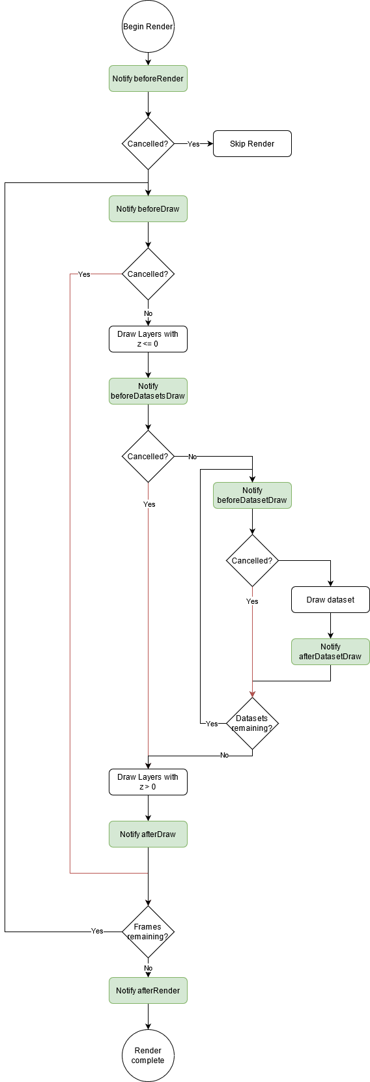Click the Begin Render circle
148,27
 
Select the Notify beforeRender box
148,79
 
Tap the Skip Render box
252,144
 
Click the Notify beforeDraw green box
148,209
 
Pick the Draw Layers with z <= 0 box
148,339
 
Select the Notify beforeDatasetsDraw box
148,391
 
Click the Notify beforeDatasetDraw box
252,495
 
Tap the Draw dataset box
330,599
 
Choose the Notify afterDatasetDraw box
330,651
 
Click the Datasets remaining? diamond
252,723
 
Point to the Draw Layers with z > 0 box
148,782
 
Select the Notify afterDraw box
148,834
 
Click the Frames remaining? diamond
148,932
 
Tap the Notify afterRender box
148,990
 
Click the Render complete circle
148,1055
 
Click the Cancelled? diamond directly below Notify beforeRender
148,144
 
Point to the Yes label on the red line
84,274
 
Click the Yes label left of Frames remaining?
97,931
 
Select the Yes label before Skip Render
193,144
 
